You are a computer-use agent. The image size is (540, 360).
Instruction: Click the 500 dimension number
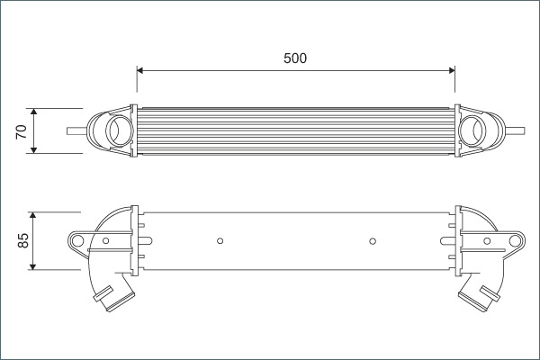(x=295, y=58)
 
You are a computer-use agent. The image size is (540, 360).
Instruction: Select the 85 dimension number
(x=23, y=240)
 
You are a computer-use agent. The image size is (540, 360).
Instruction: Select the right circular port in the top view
(x=472, y=130)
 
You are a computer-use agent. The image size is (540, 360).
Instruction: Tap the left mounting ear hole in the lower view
(x=78, y=240)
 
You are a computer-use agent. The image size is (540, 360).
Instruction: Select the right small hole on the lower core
(x=373, y=240)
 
